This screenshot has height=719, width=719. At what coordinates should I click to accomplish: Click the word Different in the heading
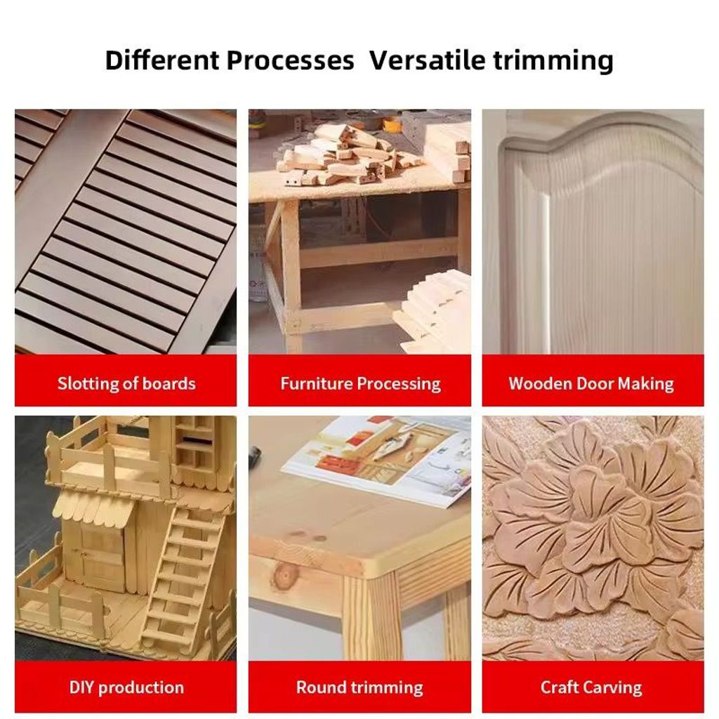pyautogui.click(x=162, y=60)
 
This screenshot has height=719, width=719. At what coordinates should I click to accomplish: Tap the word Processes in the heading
pyautogui.click(x=290, y=60)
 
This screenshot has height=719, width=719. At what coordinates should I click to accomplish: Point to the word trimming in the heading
pyautogui.click(x=553, y=61)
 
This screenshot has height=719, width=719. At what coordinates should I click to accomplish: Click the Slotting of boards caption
pyautogui.click(x=126, y=383)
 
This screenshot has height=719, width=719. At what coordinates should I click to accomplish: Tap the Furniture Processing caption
pyautogui.click(x=360, y=384)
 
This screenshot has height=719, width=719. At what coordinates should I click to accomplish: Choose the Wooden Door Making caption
pyautogui.click(x=591, y=384)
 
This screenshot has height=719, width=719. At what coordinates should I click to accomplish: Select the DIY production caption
pyautogui.click(x=126, y=687)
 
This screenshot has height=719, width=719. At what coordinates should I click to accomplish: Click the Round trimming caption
pyautogui.click(x=359, y=687)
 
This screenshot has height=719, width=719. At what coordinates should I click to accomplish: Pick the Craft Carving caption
pyautogui.click(x=591, y=687)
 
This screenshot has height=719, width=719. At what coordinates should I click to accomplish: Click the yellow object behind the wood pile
pyautogui.click(x=392, y=123)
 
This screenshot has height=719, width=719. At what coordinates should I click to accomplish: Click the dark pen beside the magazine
pyautogui.click(x=254, y=454)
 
